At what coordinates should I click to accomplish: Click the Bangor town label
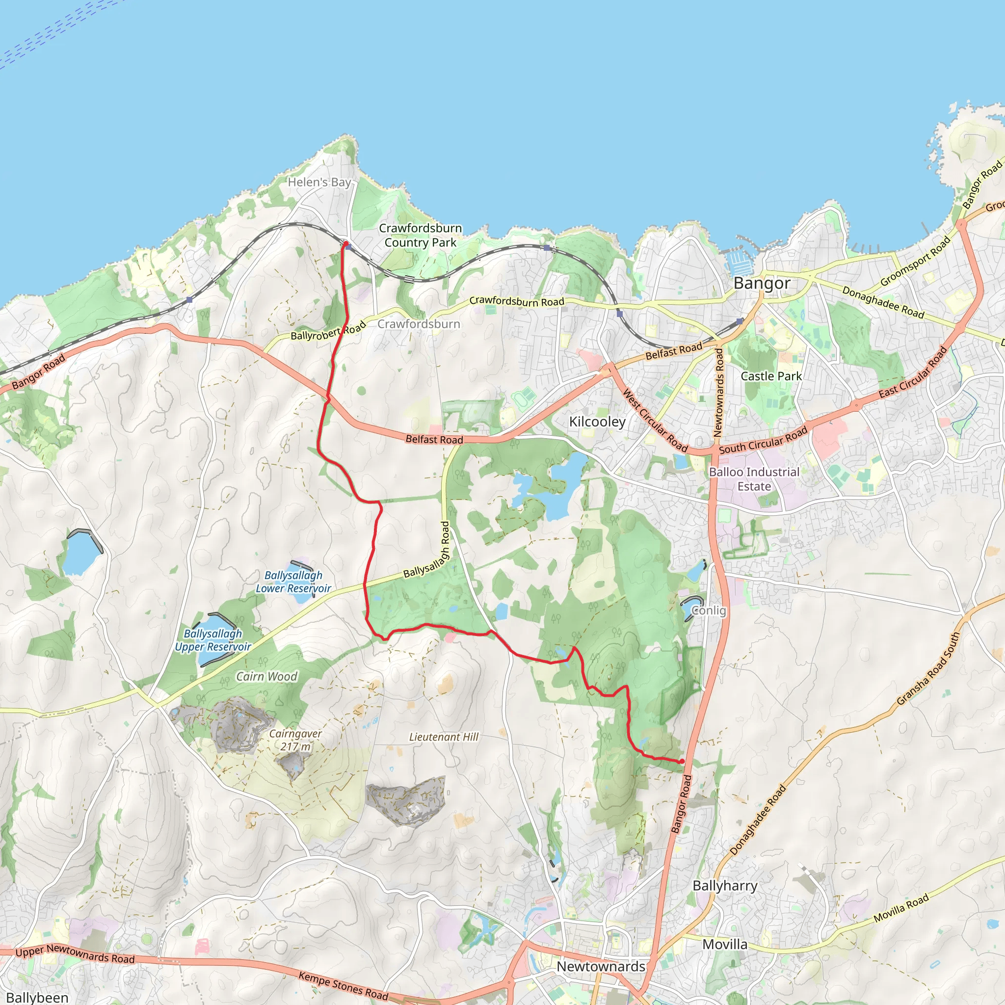click(762, 284)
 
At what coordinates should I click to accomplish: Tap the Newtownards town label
click(601, 967)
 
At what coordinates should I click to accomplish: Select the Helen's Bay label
click(319, 182)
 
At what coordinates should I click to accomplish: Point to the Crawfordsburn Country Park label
click(421, 235)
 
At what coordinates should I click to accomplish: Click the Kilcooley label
click(597, 422)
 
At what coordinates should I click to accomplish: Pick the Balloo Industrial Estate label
click(754, 479)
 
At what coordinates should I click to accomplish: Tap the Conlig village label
click(709, 610)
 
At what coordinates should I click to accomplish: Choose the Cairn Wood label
click(266, 676)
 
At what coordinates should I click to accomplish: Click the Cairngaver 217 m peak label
click(295, 740)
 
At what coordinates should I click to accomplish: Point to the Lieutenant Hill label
click(444, 737)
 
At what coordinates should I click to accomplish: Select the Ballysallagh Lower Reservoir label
click(293, 582)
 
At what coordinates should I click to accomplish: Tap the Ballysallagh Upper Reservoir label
click(213, 640)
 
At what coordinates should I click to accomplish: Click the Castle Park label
click(771, 376)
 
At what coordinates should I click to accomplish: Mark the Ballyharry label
click(725, 886)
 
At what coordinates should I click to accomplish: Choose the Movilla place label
click(725, 944)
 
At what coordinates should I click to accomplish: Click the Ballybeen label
click(37, 997)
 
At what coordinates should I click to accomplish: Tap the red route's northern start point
click(345, 243)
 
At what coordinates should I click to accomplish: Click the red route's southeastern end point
click(682, 762)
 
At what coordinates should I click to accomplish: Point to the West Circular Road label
click(655, 422)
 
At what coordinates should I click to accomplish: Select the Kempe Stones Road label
click(344, 985)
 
